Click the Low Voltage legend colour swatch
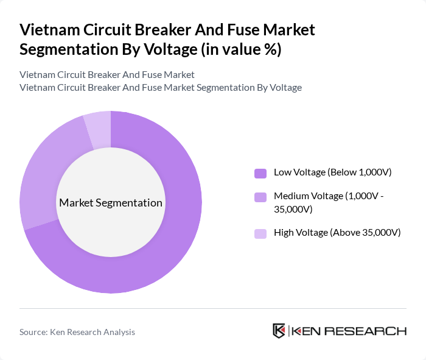[x=260, y=173]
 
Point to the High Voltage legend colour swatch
[x=260, y=233]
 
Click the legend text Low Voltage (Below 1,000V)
[x=332, y=172]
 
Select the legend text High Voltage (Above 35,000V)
[x=337, y=232]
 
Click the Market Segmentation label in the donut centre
[x=111, y=203]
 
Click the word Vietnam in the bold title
[x=47, y=30]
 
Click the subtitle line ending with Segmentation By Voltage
[x=161, y=87]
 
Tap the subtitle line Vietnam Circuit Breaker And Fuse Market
[x=107, y=75]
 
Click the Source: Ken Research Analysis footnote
[x=77, y=332]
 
